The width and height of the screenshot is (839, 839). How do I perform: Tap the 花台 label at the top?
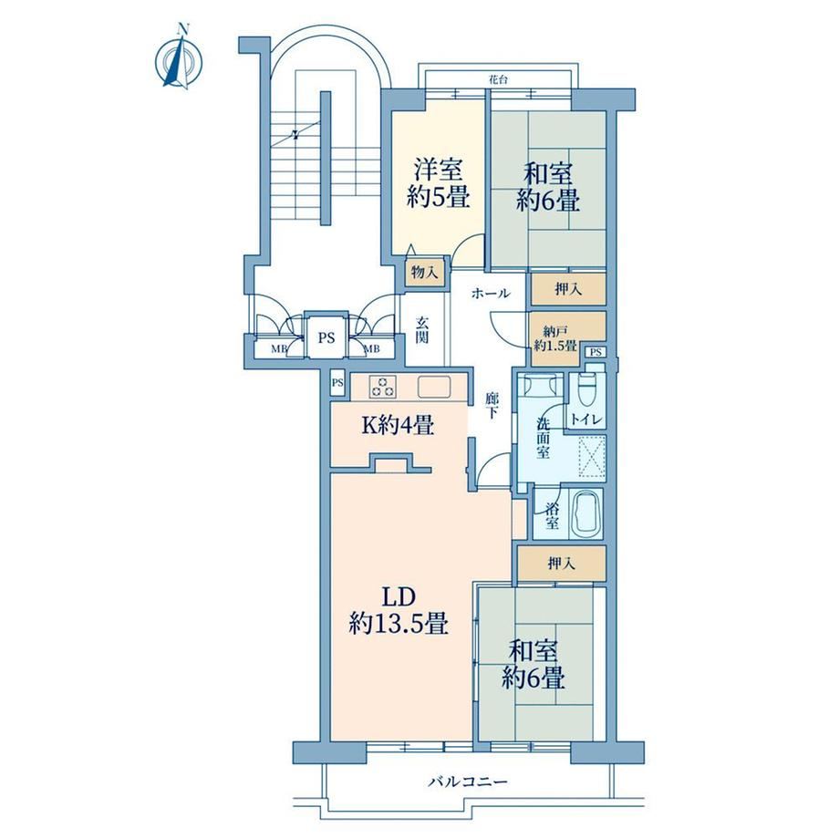tap(498, 79)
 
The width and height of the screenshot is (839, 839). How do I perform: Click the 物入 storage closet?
tap(425, 273)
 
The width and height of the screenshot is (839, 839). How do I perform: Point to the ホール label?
tap(491, 294)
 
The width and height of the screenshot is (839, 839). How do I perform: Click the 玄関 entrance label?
tap(422, 329)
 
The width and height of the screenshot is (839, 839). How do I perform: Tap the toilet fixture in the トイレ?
tap(587, 388)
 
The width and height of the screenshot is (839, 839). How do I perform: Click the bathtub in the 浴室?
tap(586, 513)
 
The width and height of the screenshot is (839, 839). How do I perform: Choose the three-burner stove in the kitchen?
tap(383, 388)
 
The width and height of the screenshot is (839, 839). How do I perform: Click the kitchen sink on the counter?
tap(433, 387)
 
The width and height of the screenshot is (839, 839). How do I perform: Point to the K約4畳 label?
tap(398, 425)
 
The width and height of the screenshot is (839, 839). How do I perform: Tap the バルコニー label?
tap(468, 782)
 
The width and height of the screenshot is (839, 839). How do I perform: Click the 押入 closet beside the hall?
tap(568, 289)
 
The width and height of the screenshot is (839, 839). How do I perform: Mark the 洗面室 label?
tap(544, 438)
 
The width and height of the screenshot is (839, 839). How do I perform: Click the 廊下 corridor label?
tap(492, 406)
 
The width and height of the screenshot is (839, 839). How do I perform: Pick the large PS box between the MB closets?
tap(326, 337)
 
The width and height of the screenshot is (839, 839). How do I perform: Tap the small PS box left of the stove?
tap(337, 383)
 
